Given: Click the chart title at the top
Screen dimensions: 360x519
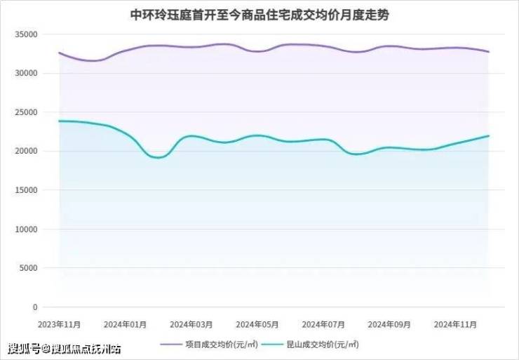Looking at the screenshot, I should tap(260, 15).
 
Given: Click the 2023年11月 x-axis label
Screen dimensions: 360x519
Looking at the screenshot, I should tap(60, 324).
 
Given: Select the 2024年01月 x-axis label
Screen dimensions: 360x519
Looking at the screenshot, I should tap(125, 324).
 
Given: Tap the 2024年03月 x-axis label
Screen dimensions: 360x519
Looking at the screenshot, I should tap(191, 324).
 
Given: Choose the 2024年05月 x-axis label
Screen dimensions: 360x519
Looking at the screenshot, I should tap(257, 324).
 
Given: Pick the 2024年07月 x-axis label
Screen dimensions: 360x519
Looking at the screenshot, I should tap(323, 324).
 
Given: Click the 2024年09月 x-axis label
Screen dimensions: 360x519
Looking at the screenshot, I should tap(389, 324).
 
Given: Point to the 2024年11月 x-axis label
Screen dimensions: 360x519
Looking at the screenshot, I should tap(455, 324).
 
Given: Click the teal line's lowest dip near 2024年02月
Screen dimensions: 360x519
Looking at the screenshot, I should tap(158, 157).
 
